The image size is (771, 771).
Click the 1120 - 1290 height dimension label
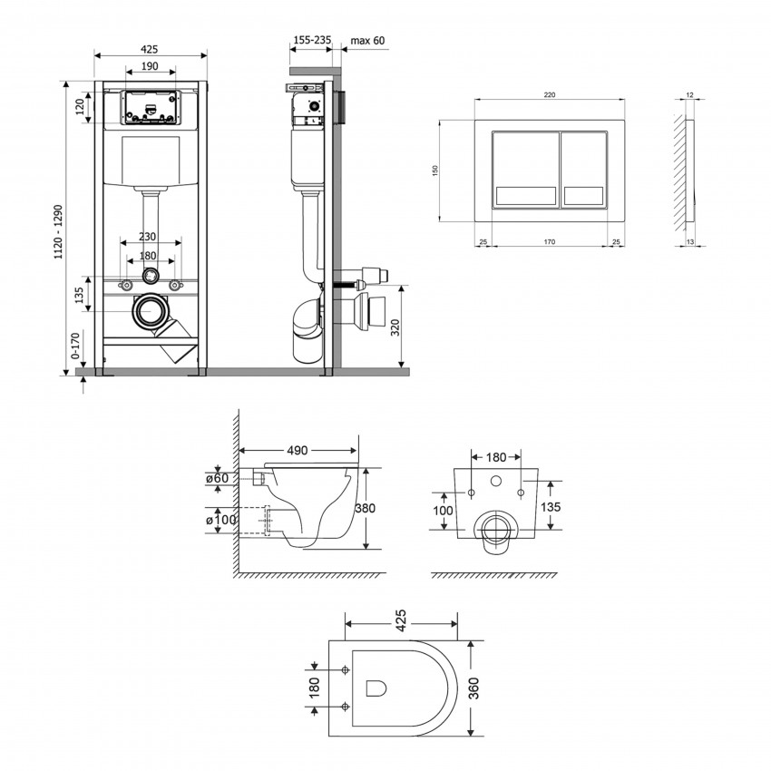coord(59,232)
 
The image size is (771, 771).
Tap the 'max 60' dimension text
coord(367,40)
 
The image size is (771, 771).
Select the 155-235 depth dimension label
coord(312,40)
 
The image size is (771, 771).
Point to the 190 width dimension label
coord(150,66)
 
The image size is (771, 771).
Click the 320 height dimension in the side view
coord(395,327)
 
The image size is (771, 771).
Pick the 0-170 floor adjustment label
coord(75,346)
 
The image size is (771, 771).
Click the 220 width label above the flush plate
coord(550,95)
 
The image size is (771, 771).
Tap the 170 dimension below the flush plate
coord(550,241)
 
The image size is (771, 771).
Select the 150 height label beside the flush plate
coord(434,171)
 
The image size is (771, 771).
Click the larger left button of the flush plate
coord(525,170)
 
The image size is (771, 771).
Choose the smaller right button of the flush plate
coord(583,170)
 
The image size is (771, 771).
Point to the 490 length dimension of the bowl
coord(298,451)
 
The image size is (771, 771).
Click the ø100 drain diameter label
coord(221,519)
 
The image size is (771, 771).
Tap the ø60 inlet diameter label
coord(218,478)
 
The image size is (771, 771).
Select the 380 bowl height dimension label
coord(365,507)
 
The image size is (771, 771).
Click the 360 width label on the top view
coord(473,688)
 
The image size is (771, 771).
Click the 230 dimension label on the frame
coord(147,237)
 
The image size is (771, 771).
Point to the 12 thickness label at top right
coord(690,95)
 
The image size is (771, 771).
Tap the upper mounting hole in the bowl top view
coord(346,669)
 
